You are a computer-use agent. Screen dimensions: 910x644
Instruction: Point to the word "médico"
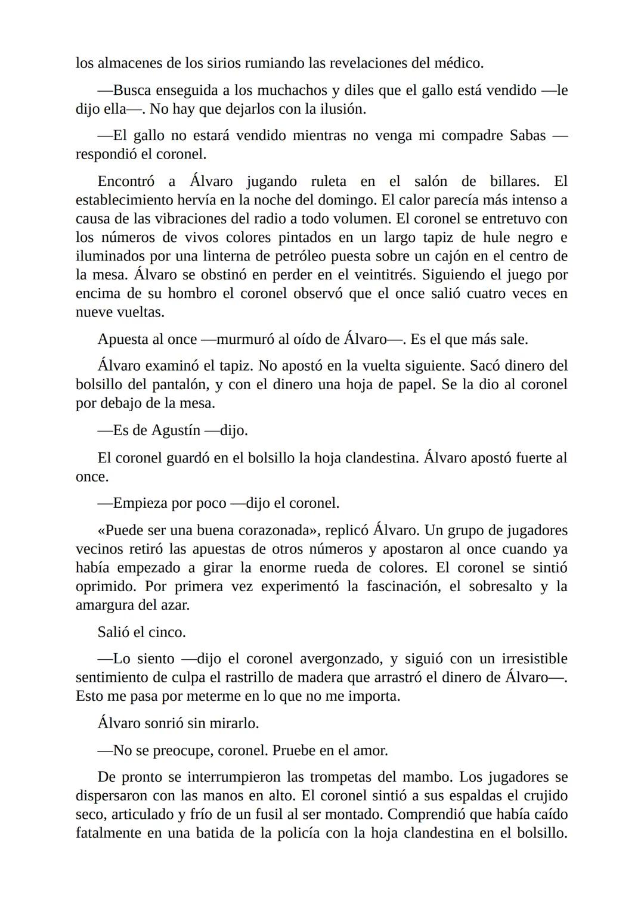pyautogui.click(x=457, y=63)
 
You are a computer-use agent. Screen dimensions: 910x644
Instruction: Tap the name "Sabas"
pyautogui.click(x=528, y=136)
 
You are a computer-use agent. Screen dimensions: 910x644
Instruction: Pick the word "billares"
pyautogui.click(x=514, y=181)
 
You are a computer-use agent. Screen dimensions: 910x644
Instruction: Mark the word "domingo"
pyautogui.click(x=347, y=200)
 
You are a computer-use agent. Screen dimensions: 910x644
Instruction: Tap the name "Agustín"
pyautogui.click(x=176, y=430)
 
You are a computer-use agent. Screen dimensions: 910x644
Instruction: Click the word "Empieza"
pyautogui.click(x=140, y=504)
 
